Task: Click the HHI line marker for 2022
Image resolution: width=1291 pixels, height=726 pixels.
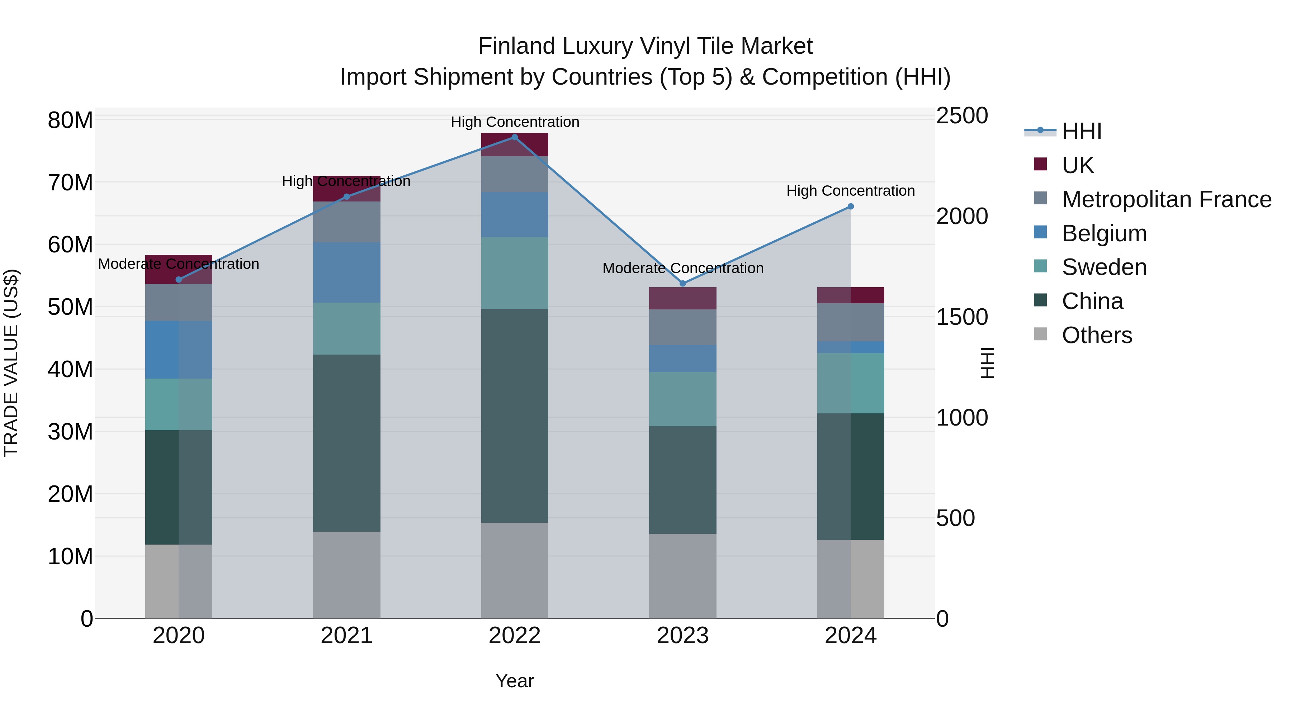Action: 514,137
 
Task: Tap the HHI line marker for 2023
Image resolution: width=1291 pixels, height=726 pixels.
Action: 682,284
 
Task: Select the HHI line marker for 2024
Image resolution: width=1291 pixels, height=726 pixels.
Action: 851,207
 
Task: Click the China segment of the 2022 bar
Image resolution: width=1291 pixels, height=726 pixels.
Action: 514,416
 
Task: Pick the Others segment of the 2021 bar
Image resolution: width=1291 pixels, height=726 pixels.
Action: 346,575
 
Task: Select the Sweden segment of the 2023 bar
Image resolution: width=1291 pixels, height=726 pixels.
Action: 682,399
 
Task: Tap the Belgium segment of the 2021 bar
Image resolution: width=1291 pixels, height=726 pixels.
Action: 346,272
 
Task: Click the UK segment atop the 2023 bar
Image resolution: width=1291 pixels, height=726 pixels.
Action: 682,298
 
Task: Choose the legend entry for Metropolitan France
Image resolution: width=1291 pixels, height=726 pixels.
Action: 1166,199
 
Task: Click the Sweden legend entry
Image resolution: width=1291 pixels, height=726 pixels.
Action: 1104,267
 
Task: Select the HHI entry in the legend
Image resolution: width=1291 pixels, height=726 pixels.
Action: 1082,131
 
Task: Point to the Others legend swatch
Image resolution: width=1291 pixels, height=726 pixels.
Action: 1040,334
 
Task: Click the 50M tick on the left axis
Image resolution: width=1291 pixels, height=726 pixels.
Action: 70,307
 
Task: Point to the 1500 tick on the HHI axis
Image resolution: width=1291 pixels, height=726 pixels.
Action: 962,317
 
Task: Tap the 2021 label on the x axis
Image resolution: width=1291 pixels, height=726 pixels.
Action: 346,636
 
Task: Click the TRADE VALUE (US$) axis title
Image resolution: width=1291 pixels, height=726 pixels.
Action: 11,363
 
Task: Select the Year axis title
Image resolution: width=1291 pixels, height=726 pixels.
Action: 514,681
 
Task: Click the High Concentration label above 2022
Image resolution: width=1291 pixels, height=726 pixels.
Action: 515,122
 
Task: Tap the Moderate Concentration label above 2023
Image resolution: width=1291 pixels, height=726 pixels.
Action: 682,268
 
